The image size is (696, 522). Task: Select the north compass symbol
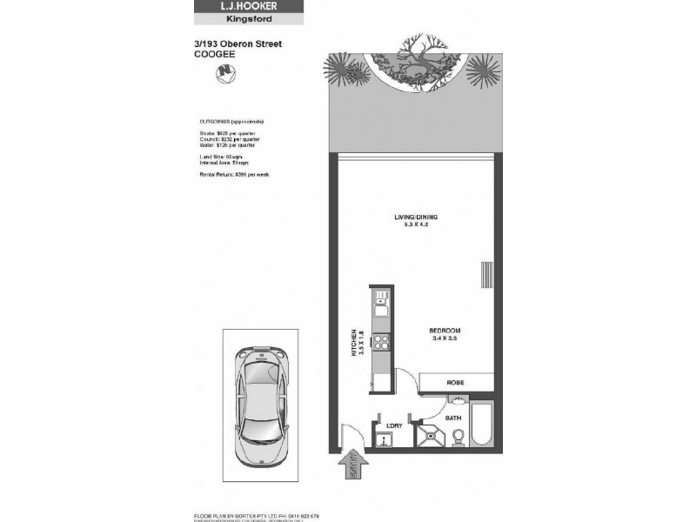[227, 70]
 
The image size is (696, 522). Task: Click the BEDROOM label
[444, 331]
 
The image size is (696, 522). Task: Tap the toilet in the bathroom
[457, 438]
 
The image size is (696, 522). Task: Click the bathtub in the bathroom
[484, 424]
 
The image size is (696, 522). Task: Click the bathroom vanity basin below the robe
[457, 399]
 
